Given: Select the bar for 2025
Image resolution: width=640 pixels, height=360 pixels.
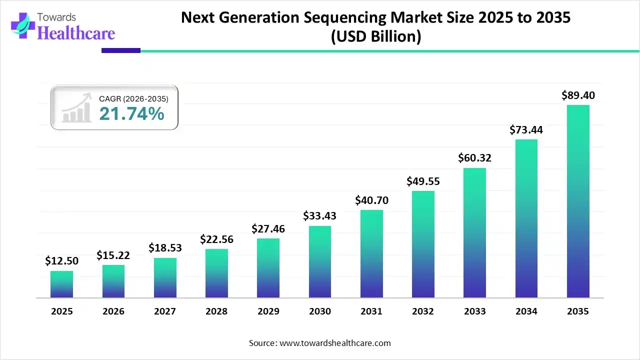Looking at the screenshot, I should [61, 284].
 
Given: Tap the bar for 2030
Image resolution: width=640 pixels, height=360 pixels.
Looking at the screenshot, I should [320, 262].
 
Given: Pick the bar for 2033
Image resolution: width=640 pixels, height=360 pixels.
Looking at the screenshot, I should [474, 233].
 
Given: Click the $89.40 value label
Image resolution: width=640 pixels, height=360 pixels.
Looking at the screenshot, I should [578, 95].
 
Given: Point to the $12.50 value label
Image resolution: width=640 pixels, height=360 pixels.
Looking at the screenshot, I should [61, 261].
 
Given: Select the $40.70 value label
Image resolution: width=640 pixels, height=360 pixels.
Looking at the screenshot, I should [371, 200].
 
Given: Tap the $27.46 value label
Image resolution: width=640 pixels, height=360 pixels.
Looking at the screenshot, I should [268, 229].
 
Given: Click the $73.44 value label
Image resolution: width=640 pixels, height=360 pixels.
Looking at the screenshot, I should [526, 130].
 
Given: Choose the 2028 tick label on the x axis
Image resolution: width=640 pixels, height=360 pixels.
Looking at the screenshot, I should [216, 311].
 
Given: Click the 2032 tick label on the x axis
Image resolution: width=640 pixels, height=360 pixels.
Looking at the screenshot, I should [423, 311].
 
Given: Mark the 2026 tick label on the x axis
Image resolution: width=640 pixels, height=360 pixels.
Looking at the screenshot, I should [113, 311].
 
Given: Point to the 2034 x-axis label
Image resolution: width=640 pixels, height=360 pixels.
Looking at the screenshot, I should [526, 311].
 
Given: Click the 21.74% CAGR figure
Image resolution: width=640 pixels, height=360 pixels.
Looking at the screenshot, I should [131, 114].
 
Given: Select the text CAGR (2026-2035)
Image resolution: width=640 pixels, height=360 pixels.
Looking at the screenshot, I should [133, 99].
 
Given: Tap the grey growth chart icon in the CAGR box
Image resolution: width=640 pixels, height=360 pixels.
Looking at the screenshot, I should [76, 108].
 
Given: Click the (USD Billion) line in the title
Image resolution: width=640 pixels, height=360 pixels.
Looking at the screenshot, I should [375, 36].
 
